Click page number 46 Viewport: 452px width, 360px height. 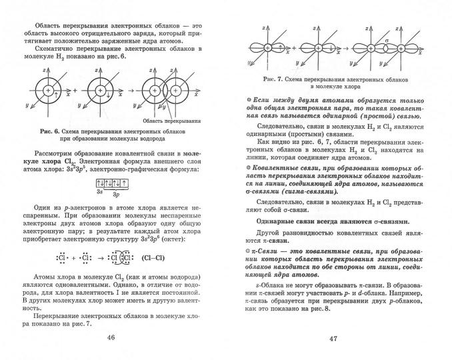(111, 335)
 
